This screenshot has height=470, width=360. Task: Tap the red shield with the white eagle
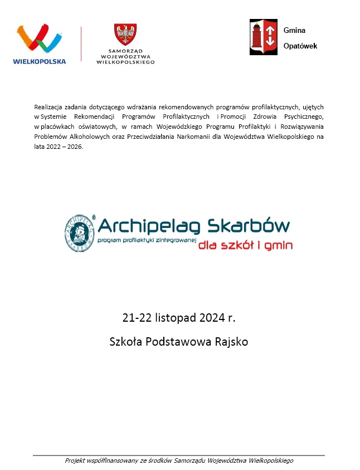click(x=125, y=35)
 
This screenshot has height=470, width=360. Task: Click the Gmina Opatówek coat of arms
click(x=264, y=37)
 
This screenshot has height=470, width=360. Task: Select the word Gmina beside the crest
click(x=294, y=31)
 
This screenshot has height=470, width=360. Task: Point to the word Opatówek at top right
click(x=300, y=46)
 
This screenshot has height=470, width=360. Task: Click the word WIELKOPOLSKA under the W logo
click(x=39, y=61)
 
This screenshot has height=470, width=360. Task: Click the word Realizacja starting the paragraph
click(x=48, y=106)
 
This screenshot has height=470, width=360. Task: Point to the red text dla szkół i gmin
click(x=245, y=245)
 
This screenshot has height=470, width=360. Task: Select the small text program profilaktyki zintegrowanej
click(x=148, y=241)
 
